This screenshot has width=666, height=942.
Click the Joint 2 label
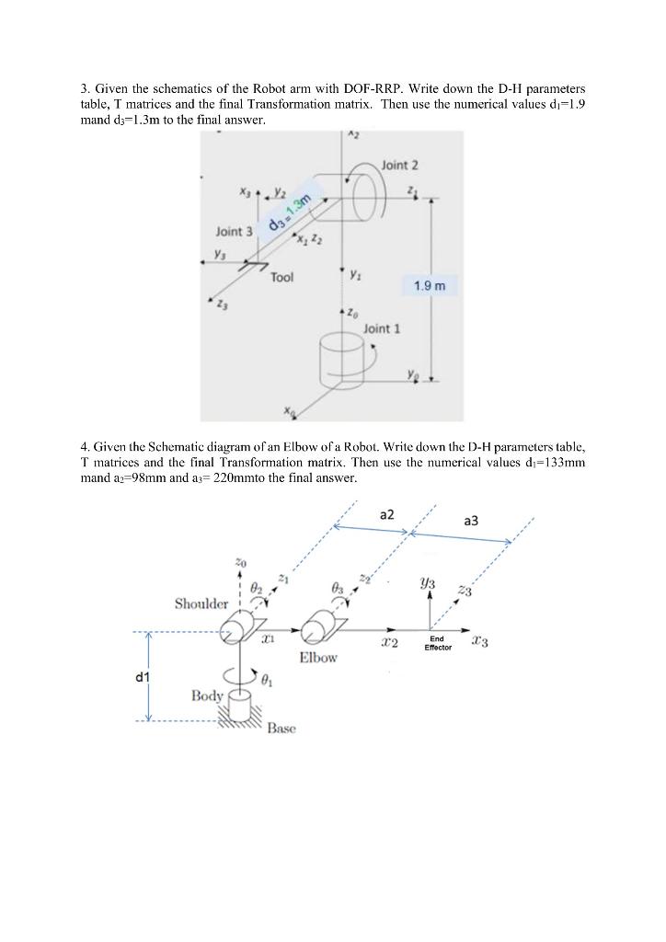(399, 165)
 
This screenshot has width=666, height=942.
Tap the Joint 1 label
(382, 327)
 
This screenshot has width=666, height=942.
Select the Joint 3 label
(234, 231)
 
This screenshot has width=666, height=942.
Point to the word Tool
(282, 276)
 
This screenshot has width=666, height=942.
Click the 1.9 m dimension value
(429, 286)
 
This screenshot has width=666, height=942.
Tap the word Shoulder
(201, 603)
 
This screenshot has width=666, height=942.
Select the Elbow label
(318, 658)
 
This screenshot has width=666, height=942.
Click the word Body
(207, 695)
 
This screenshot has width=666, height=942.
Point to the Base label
(281, 729)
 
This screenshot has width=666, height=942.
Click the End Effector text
(438, 643)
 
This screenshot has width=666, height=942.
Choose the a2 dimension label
(386, 514)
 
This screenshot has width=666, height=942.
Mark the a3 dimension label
(471, 521)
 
